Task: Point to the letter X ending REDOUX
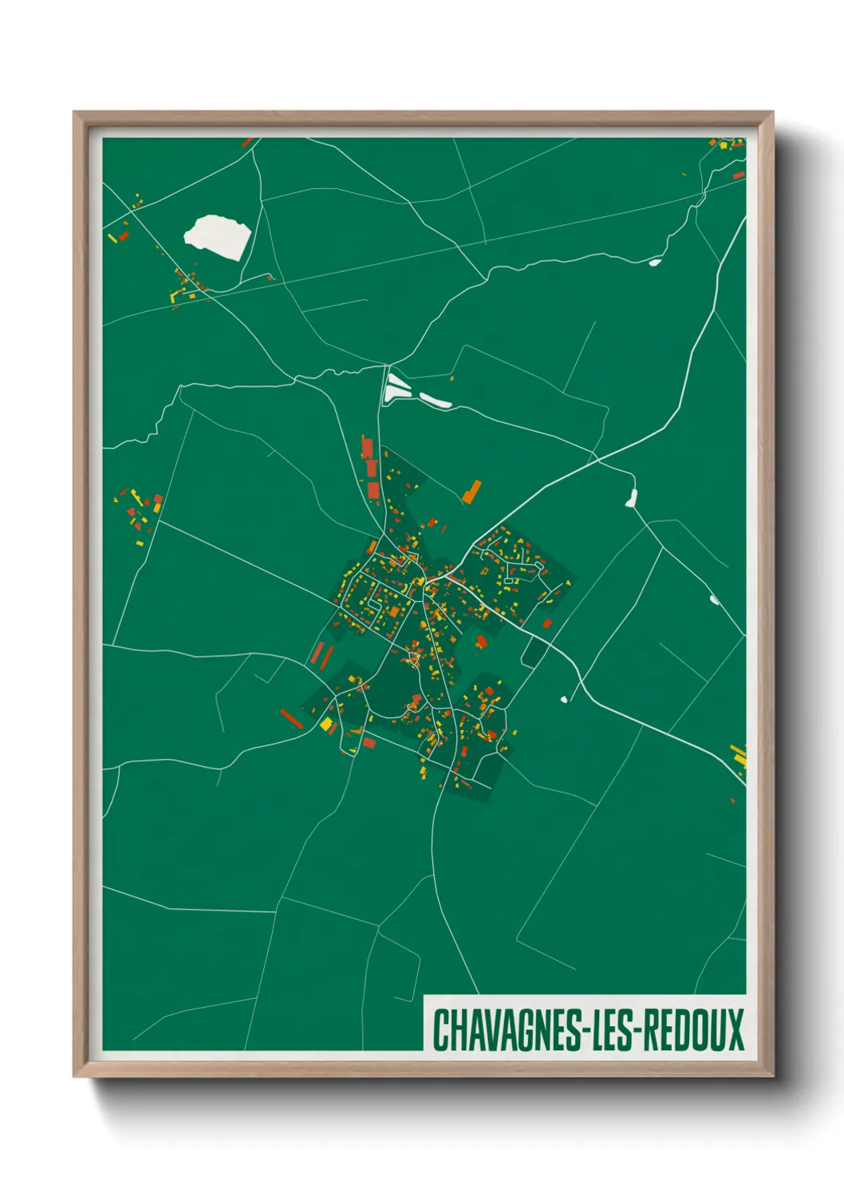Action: (735, 1029)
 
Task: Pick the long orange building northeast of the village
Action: (472, 492)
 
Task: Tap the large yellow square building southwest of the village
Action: (326, 725)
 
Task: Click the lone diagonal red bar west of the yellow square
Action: (291, 718)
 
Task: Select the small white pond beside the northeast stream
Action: (655, 261)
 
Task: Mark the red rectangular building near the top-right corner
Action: (739, 175)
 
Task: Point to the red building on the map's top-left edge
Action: (247, 143)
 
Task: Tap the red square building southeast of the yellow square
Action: (369, 743)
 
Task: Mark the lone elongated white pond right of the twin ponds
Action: (436, 399)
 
